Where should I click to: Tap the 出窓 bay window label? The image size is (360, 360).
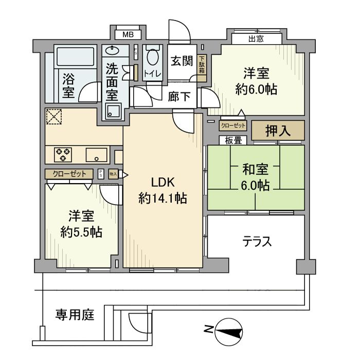(256, 39)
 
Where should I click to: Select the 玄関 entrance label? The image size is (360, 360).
(182, 62)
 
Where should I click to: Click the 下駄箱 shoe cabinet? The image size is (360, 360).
(202, 65)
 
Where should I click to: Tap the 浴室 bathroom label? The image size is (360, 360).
(68, 86)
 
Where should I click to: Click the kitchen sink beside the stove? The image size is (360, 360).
(96, 154)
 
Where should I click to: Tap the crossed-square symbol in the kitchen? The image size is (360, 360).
(53, 117)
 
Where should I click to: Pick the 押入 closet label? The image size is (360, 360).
(278, 130)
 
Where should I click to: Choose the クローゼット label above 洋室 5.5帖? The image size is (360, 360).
(69, 174)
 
